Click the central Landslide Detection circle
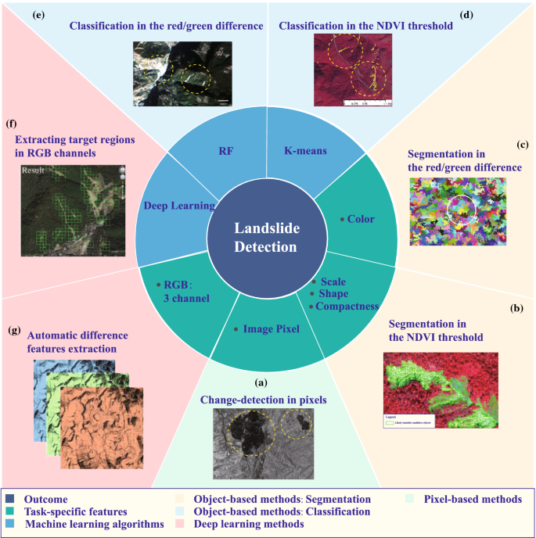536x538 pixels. (267, 236)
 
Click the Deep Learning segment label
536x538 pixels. (179, 206)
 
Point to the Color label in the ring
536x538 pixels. (361, 220)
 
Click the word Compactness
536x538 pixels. (347, 307)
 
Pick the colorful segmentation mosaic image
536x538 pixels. (458, 212)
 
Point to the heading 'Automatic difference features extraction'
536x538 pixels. (77, 341)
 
